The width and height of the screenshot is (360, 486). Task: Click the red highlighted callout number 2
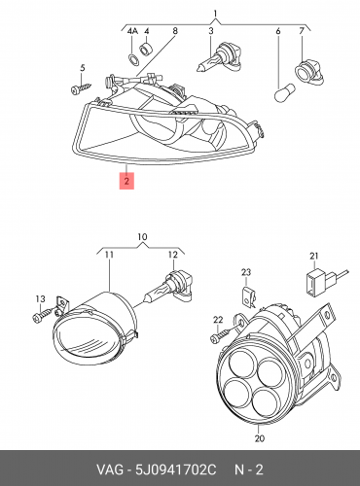click(x=126, y=181)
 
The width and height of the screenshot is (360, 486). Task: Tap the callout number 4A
click(x=132, y=31)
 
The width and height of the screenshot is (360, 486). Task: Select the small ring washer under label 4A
click(x=133, y=59)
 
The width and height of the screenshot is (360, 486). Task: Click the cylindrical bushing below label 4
click(x=145, y=48)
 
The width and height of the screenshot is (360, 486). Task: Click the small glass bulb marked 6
click(x=284, y=92)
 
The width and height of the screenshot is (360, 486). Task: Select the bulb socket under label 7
click(x=308, y=72)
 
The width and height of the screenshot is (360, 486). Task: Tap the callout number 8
click(x=175, y=31)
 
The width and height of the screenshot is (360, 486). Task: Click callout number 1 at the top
click(x=215, y=14)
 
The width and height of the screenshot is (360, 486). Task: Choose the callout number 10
click(x=142, y=237)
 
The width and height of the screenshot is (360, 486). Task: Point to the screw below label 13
click(x=43, y=315)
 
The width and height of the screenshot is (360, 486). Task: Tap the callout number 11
click(x=109, y=255)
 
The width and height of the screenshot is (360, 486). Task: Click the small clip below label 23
click(x=249, y=295)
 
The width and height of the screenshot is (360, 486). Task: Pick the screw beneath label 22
click(x=225, y=334)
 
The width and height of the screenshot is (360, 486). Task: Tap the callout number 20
click(x=260, y=438)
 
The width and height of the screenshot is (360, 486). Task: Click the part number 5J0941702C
click(x=175, y=469)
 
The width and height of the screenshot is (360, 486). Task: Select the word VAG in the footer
click(x=109, y=469)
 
